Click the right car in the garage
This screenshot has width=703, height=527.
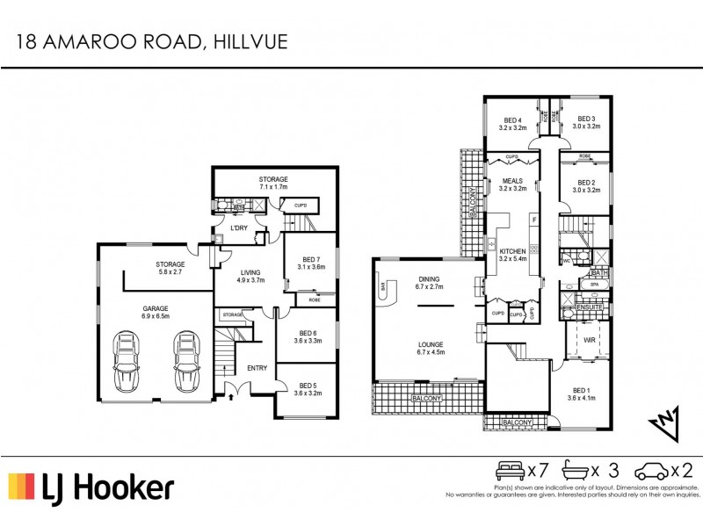[x=186, y=362]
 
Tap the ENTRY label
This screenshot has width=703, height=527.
[x=256, y=368]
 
